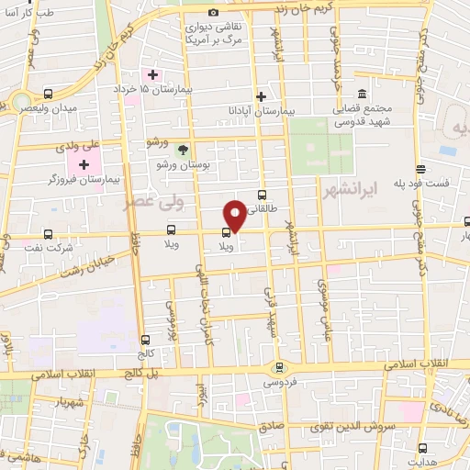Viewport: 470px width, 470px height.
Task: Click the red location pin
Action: (x=236, y=216)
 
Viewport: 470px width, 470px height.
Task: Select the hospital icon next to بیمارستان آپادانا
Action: (x=262, y=96)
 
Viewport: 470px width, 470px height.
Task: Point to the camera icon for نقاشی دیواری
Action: (x=213, y=13)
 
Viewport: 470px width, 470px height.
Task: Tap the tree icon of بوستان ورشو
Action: (x=183, y=149)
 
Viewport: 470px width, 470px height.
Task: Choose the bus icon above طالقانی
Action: (x=263, y=195)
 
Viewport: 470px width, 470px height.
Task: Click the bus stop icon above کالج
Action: (x=146, y=340)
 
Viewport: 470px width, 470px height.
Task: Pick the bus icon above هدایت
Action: (x=422, y=448)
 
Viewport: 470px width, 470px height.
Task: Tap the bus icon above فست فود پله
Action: (x=420, y=168)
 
